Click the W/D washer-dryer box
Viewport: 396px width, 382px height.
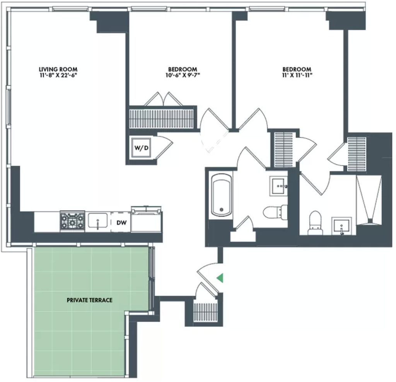point(141,148)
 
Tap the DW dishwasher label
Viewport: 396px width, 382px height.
point(121,223)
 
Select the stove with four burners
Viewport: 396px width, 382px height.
point(72,221)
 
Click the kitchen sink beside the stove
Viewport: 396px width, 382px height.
point(98,221)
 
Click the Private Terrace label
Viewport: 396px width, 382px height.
point(90,300)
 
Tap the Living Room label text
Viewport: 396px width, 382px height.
point(58,69)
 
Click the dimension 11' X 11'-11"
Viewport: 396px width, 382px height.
point(297,75)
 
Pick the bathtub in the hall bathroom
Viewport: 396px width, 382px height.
point(222,195)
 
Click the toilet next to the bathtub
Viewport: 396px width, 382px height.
point(275,212)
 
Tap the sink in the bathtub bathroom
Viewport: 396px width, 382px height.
point(278,186)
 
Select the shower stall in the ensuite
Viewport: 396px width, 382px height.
point(369,200)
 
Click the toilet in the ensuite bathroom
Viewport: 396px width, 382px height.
point(315,223)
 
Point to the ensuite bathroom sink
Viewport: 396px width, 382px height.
point(341,226)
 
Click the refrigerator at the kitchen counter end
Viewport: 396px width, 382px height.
point(146,219)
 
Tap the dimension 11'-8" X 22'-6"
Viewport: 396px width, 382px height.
point(58,75)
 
